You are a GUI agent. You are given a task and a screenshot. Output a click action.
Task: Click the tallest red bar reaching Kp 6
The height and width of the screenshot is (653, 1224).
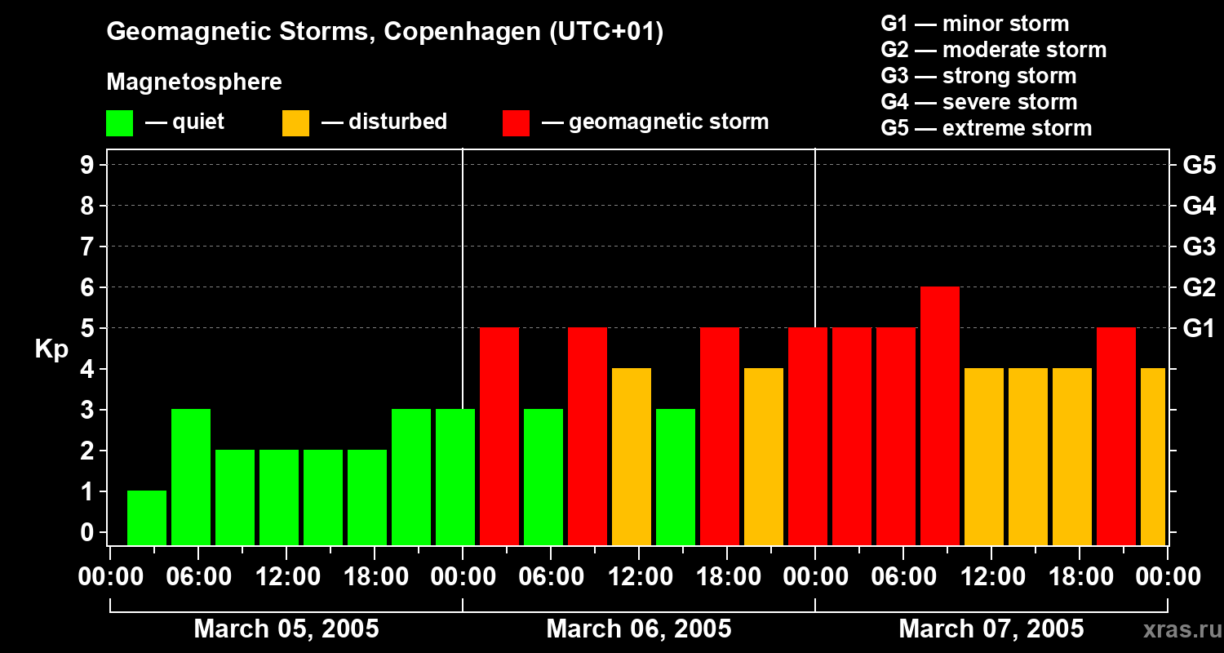(940, 415)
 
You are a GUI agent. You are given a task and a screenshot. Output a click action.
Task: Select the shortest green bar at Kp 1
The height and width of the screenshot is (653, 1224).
(147, 518)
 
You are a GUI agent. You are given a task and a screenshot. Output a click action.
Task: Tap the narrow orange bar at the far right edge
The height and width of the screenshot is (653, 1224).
(1153, 456)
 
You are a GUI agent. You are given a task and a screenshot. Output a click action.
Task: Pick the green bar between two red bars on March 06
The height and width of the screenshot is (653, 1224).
(543, 477)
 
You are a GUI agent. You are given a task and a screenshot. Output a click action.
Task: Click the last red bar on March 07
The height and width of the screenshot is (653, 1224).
(1116, 436)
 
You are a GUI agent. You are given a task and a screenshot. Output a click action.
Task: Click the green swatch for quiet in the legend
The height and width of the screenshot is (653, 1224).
(119, 123)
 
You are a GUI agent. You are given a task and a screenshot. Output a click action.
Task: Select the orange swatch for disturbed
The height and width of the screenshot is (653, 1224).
(295, 123)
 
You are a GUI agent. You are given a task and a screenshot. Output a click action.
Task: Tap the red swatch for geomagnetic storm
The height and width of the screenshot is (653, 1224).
(517, 123)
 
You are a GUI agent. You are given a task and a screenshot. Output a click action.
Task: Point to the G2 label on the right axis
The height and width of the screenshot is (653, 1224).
(1199, 287)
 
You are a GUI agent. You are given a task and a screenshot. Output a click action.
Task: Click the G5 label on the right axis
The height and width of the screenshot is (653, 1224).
(1199, 165)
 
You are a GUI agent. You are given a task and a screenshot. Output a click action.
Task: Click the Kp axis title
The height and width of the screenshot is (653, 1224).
(51, 349)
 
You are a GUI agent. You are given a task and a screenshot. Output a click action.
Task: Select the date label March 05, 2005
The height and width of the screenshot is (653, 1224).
(286, 629)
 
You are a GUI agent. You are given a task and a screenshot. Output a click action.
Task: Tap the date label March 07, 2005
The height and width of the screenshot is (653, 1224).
(991, 629)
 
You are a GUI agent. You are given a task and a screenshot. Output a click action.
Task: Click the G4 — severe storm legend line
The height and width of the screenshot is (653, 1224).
(978, 102)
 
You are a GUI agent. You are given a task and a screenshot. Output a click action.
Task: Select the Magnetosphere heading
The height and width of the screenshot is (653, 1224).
(194, 82)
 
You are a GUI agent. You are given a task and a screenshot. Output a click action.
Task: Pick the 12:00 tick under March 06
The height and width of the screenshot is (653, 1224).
(639, 577)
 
